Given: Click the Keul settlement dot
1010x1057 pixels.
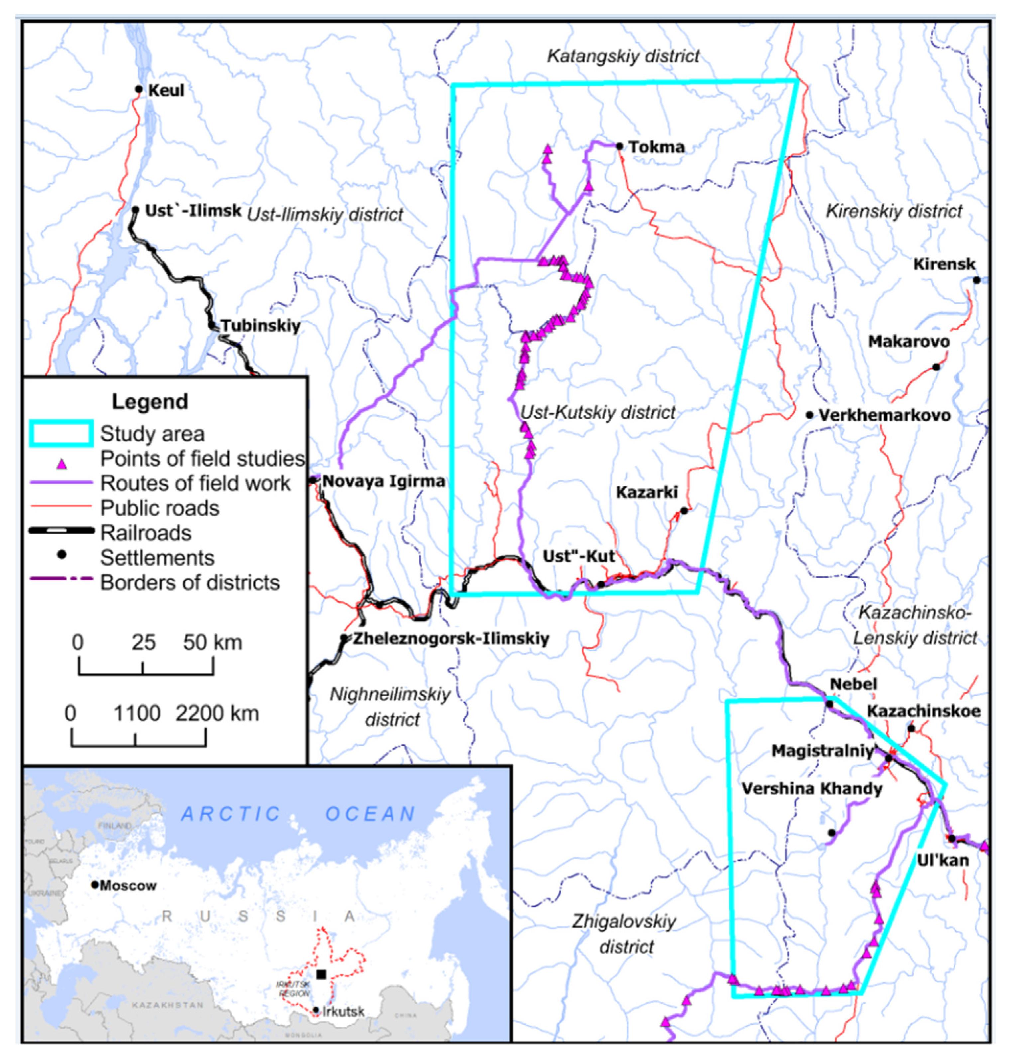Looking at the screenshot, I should coord(139,89).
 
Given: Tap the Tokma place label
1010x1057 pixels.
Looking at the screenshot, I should coord(656,147).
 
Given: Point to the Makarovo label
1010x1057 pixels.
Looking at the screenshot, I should coord(908,342).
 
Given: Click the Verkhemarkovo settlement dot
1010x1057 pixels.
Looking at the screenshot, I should coord(810,415).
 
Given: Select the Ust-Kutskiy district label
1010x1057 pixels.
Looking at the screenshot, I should coord(598,413).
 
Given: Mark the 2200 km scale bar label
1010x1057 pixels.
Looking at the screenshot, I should coord(217,714).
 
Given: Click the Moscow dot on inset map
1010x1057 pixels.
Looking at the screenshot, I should coord(95,885).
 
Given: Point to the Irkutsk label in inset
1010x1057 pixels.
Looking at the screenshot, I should coord(343,1012).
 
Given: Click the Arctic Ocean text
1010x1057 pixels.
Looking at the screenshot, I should coord(298,814).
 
